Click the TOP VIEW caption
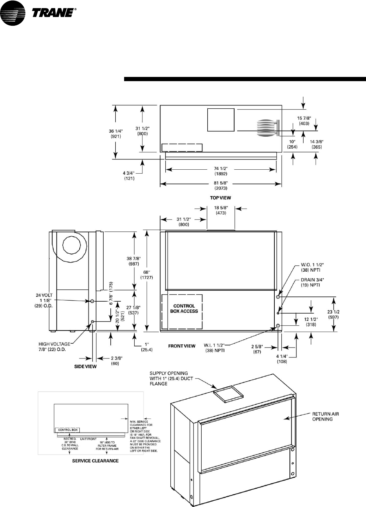click(x=221, y=198)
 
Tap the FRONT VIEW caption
click(x=182, y=346)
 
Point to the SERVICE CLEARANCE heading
click(x=95, y=461)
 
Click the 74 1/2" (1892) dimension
click(x=221, y=171)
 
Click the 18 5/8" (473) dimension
click(x=221, y=211)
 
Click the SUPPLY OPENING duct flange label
click(x=169, y=378)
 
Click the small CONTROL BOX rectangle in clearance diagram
click(x=67, y=430)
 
